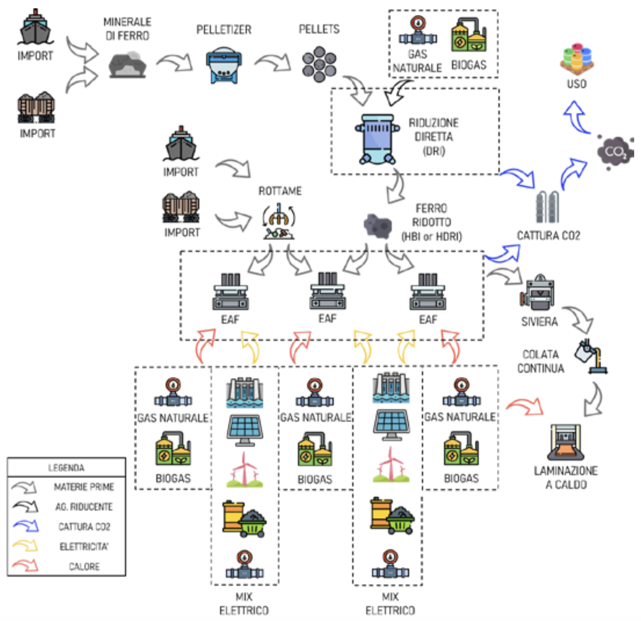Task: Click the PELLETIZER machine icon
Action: tap(224, 65)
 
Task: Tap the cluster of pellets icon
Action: tap(319, 64)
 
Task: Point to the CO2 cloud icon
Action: tap(615, 152)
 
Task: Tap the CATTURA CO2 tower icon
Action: tap(547, 207)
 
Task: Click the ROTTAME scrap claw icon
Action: tap(279, 221)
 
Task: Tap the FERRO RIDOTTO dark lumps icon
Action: tap(378, 225)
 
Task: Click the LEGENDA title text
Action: tap(66, 468)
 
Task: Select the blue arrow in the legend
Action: tap(26, 526)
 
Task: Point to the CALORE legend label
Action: tap(84, 566)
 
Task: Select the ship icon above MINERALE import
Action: tap(35, 27)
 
